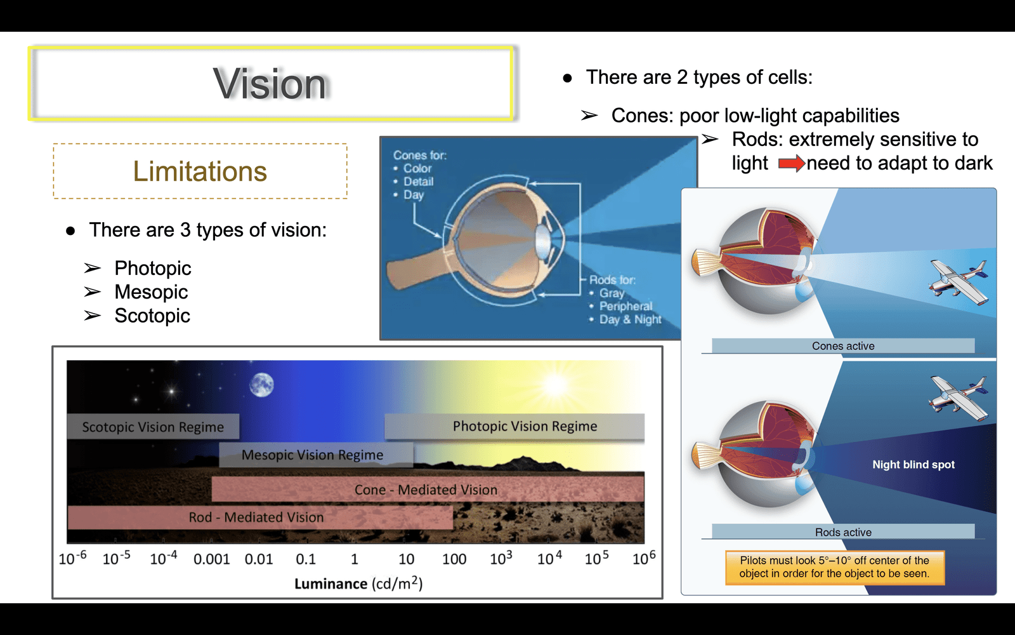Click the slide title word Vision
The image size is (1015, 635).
(x=270, y=83)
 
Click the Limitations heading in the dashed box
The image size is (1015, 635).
(x=200, y=171)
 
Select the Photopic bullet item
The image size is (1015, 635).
(x=153, y=268)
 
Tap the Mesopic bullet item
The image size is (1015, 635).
(x=151, y=291)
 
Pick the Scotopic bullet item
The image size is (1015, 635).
(x=152, y=316)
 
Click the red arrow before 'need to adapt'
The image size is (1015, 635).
(x=792, y=163)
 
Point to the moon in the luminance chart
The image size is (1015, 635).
(x=261, y=385)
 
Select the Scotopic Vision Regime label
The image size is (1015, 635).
(x=153, y=426)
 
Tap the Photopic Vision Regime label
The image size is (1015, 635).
(x=514, y=426)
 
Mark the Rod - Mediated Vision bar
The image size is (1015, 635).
(x=260, y=517)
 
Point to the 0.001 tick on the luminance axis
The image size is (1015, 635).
(x=212, y=559)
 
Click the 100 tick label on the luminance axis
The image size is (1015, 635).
(x=454, y=559)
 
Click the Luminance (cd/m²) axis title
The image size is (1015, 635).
(x=358, y=584)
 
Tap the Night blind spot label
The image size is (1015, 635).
(x=913, y=464)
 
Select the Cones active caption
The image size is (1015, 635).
(x=843, y=345)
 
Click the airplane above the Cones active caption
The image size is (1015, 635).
(x=959, y=283)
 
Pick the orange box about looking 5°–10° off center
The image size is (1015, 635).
(x=835, y=567)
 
